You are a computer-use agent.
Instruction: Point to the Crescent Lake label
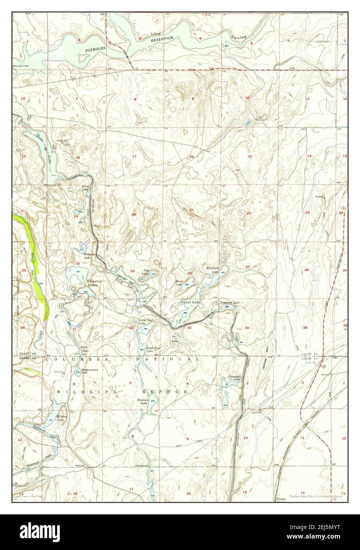(230, 303)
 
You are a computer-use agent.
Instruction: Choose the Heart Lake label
(179, 283)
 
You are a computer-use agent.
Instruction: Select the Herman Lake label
(142, 401)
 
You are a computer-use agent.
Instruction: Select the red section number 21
(191, 210)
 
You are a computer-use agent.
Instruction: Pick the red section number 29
(133, 271)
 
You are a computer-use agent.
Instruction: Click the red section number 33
(189, 328)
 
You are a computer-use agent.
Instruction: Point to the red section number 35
(305, 328)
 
